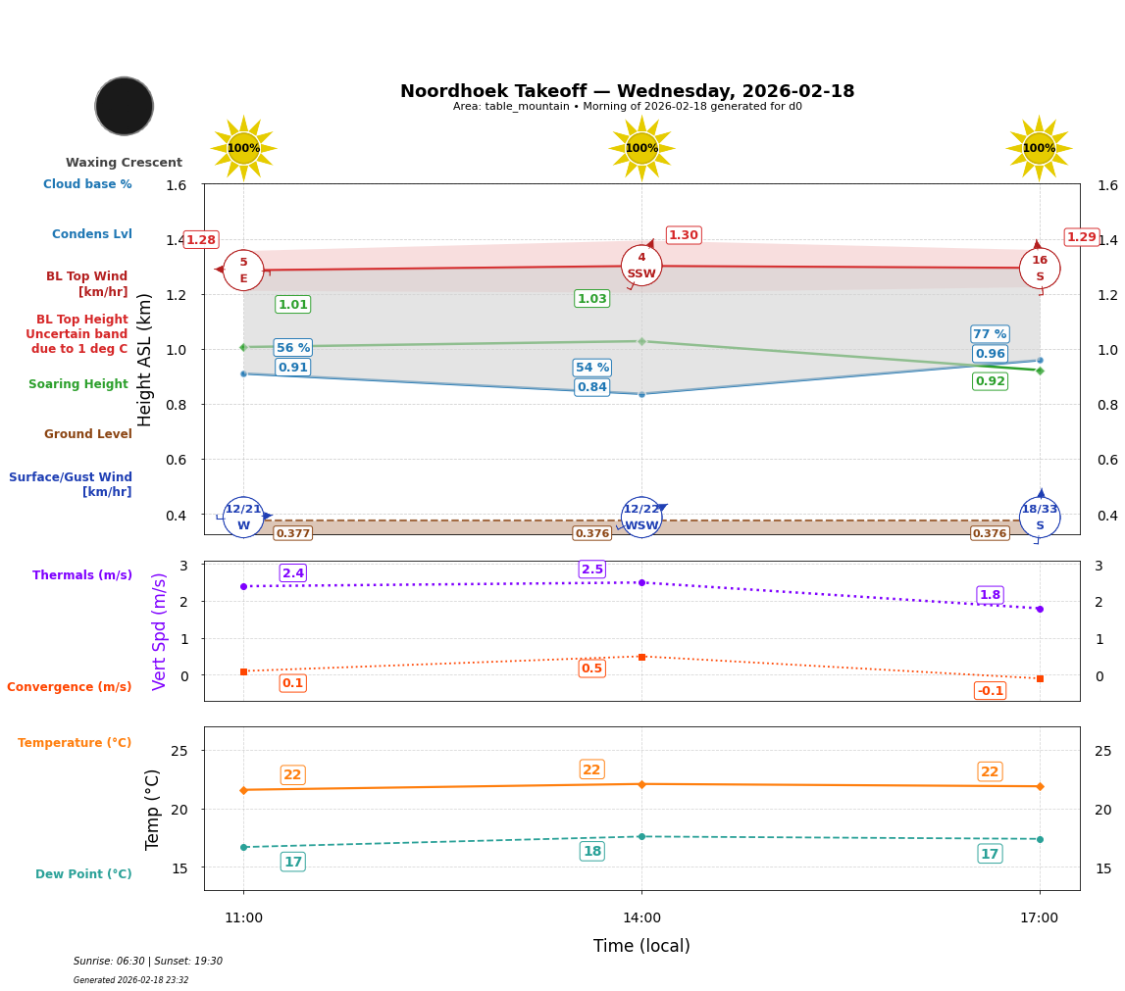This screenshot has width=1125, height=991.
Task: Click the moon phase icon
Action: tap(125, 106)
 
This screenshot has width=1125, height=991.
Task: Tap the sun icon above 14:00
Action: tap(641, 148)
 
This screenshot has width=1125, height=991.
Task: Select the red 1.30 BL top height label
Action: tap(684, 235)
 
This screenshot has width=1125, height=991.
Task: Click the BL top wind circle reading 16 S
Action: tap(1040, 269)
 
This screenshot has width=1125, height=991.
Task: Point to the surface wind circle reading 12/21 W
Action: tap(243, 517)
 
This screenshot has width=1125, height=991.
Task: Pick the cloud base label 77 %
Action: tap(990, 334)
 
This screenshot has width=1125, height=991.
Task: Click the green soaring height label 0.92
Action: tap(990, 381)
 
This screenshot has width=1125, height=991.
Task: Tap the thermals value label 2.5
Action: tap(592, 570)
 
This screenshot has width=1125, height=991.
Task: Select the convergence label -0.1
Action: tap(990, 691)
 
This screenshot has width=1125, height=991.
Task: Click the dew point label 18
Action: tap(592, 851)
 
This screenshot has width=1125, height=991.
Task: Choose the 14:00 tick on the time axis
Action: tap(641, 918)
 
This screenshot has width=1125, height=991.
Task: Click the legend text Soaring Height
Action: tap(78, 384)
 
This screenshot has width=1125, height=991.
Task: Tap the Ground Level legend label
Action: tap(88, 434)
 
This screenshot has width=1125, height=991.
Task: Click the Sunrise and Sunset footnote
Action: tap(148, 962)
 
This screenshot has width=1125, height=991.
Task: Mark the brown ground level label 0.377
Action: tap(292, 533)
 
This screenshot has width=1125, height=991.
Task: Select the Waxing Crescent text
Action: tap(124, 163)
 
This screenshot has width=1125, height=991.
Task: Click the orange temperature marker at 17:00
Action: tap(1040, 786)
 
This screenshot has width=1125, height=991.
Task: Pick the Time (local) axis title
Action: tap(641, 946)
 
